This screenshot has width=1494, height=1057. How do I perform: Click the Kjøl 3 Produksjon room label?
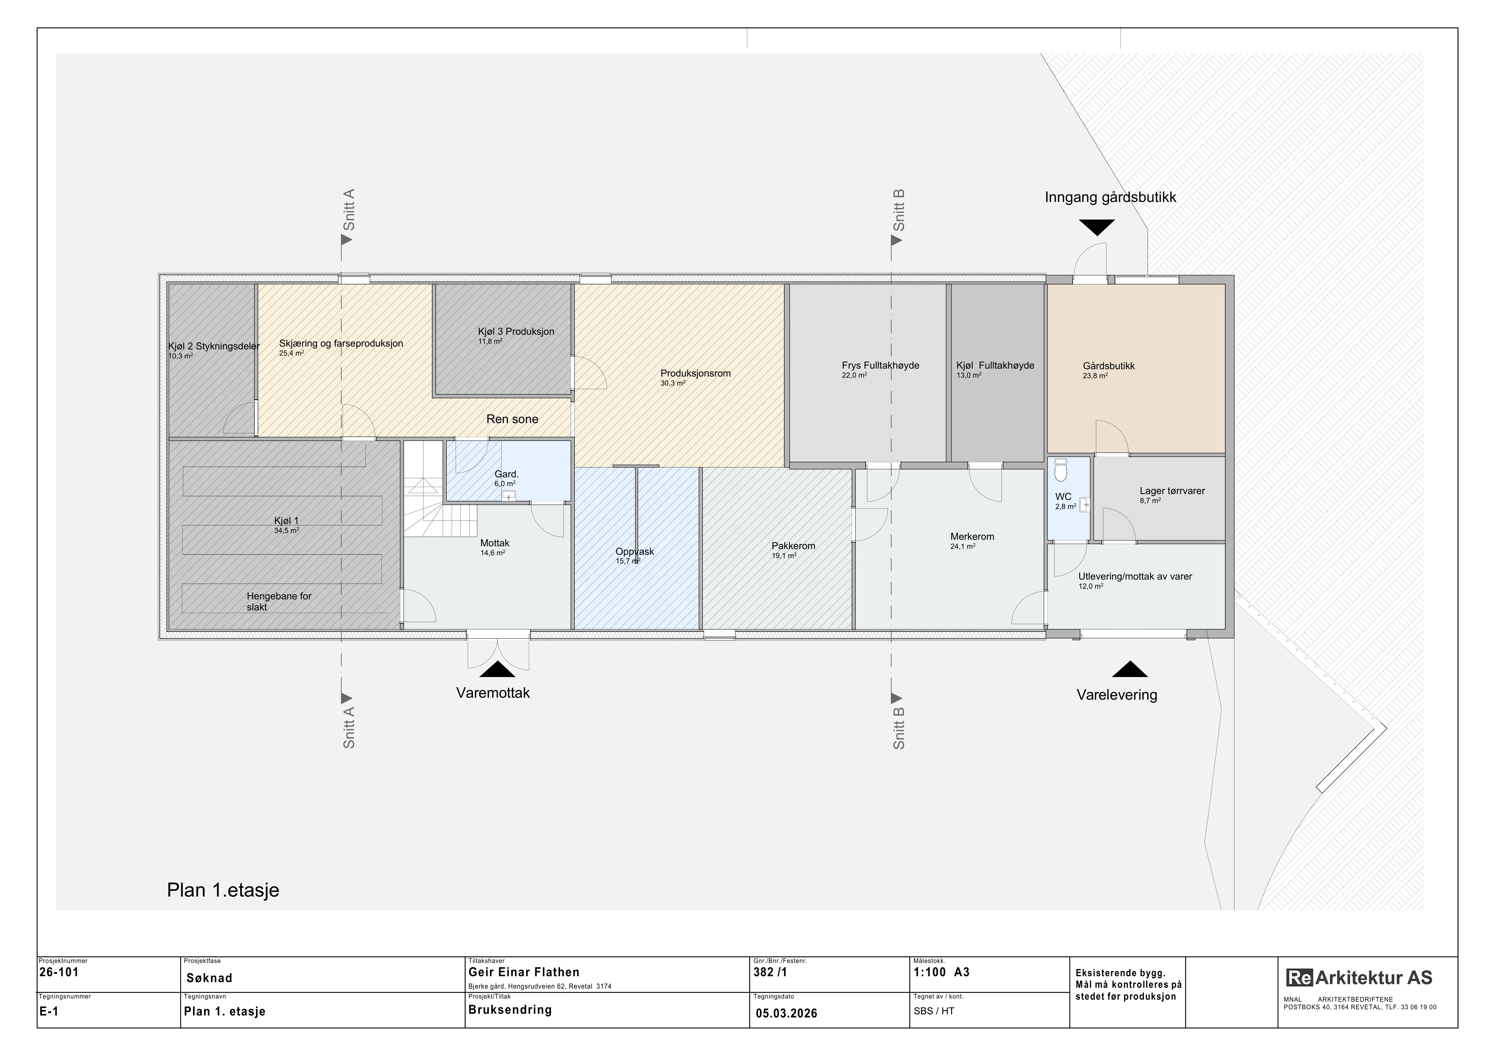point(516,331)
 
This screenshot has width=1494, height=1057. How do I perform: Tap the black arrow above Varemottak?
point(497,670)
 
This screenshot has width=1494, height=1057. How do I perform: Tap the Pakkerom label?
point(793,546)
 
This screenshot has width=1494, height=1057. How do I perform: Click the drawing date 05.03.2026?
point(787,1013)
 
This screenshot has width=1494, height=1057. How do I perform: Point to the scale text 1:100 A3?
point(942,972)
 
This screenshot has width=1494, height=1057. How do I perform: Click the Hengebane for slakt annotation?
point(279,601)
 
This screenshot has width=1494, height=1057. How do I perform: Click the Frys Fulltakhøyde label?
point(880,366)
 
